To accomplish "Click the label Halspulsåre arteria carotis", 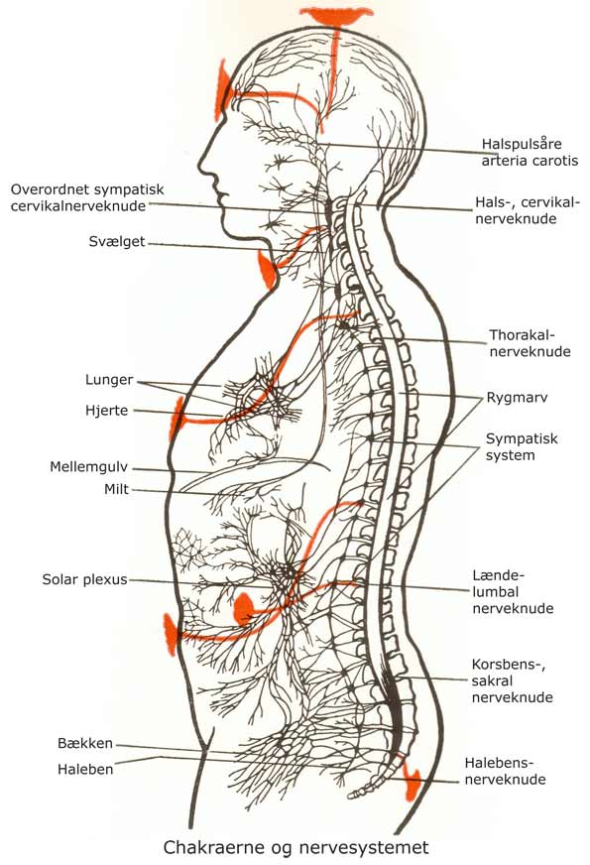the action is point(530,152).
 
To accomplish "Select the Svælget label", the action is point(117,242).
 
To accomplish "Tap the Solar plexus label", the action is point(84,579).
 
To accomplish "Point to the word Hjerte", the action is point(106,411).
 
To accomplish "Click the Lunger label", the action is point(109,380).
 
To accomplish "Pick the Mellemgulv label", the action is point(89,467).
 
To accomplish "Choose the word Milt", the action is point(116,489).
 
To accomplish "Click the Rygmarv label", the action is point(517,398).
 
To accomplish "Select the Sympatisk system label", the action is point(522,446).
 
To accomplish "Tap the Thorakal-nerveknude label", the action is point(530,343).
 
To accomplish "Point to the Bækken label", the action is point(85,743).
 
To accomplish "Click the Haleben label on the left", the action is point(85,769).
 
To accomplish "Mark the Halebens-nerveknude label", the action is point(505,771).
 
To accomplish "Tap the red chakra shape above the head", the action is point(336,16).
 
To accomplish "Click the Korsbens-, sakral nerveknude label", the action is point(513,680).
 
